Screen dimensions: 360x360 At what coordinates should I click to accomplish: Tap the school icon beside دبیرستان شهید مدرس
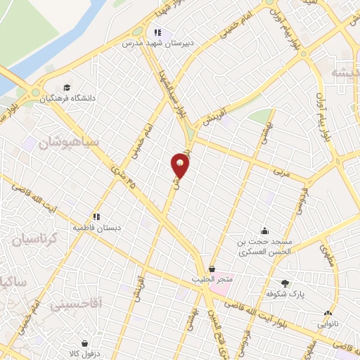click(158, 32)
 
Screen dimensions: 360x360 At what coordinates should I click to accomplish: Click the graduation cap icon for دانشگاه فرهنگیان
click(67, 87)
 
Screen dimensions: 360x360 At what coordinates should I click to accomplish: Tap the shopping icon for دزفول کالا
click(85, 344)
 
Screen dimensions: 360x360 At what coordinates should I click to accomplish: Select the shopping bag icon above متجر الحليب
click(212, 269)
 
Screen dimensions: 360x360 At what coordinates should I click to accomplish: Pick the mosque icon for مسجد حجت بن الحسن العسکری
click(264, 231)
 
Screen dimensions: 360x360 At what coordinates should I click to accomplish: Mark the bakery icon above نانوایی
click(327, 313)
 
